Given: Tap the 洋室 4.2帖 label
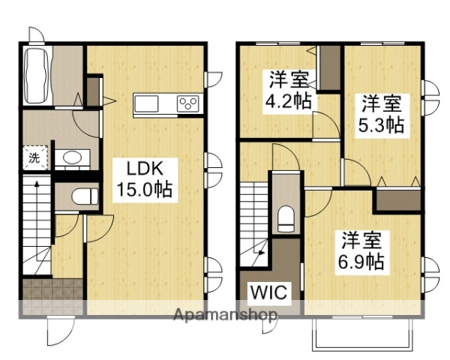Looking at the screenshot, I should tap(287, 89).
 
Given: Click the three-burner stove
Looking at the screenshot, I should tap(187, 103).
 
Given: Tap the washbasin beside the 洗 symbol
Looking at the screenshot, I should tap(72, 157).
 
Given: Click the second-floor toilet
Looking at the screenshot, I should tap(286, 218).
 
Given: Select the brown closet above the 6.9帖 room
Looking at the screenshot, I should tap(397, 199).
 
